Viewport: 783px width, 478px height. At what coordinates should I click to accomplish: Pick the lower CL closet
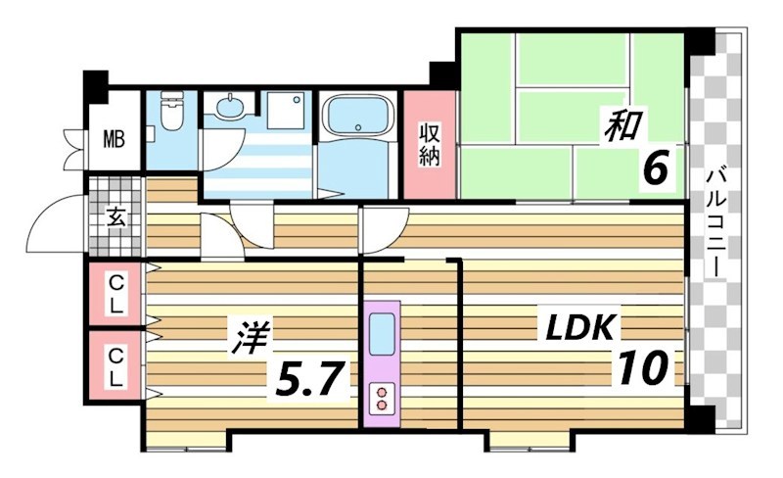(115, 364)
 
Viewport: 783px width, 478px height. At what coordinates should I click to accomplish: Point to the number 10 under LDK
(643, 368)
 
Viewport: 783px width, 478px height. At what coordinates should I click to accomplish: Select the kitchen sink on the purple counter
(381, 328)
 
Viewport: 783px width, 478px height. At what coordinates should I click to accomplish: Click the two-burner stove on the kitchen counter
(381, 398)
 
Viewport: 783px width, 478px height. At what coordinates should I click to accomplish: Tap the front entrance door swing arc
(54, 220)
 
